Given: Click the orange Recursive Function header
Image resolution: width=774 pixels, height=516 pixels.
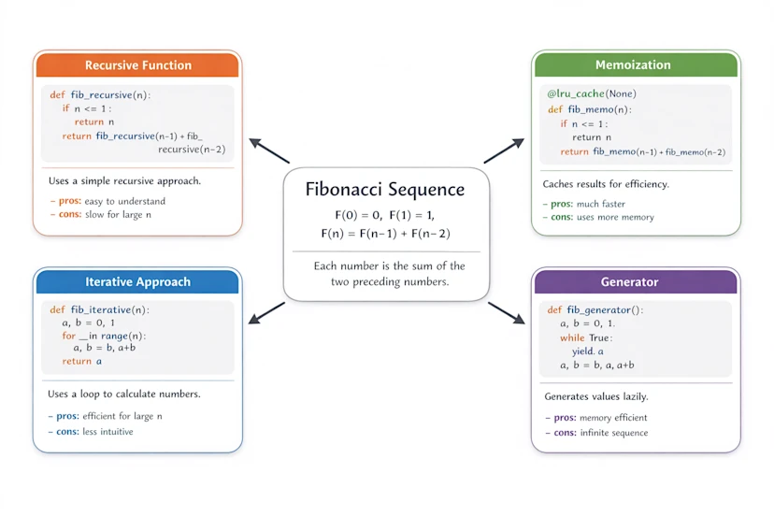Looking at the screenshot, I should pos(137,65).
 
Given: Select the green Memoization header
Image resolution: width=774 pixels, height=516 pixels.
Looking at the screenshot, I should pos(633,64).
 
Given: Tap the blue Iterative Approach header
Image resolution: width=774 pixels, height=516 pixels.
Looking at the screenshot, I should pos(137,281).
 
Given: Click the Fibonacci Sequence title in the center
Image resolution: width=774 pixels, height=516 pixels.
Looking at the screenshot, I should pos(385,189).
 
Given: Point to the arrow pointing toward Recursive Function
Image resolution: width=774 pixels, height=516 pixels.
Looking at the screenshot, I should pos(269,151).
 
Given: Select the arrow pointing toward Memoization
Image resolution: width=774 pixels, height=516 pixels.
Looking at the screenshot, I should pos(504,150).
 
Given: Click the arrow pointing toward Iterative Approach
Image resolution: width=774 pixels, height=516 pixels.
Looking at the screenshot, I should pos(267,312).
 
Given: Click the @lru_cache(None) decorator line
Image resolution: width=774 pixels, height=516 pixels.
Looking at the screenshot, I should pos(592,94).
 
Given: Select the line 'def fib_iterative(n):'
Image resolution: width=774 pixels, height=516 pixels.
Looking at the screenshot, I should pos(100,309).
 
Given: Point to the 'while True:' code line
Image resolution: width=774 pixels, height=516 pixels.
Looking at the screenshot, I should pos(586,337).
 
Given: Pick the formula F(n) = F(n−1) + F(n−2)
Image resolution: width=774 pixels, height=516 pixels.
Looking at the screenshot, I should pos(385,233).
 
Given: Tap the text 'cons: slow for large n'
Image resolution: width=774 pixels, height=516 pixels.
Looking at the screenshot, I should pos(101,215).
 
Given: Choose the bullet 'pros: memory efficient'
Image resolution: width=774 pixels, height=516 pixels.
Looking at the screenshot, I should pos(600,418).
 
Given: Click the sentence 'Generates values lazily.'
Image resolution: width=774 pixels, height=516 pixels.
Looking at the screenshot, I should pos(596,396).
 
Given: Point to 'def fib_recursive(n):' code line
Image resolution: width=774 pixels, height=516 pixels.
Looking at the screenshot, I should pos(101,94).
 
